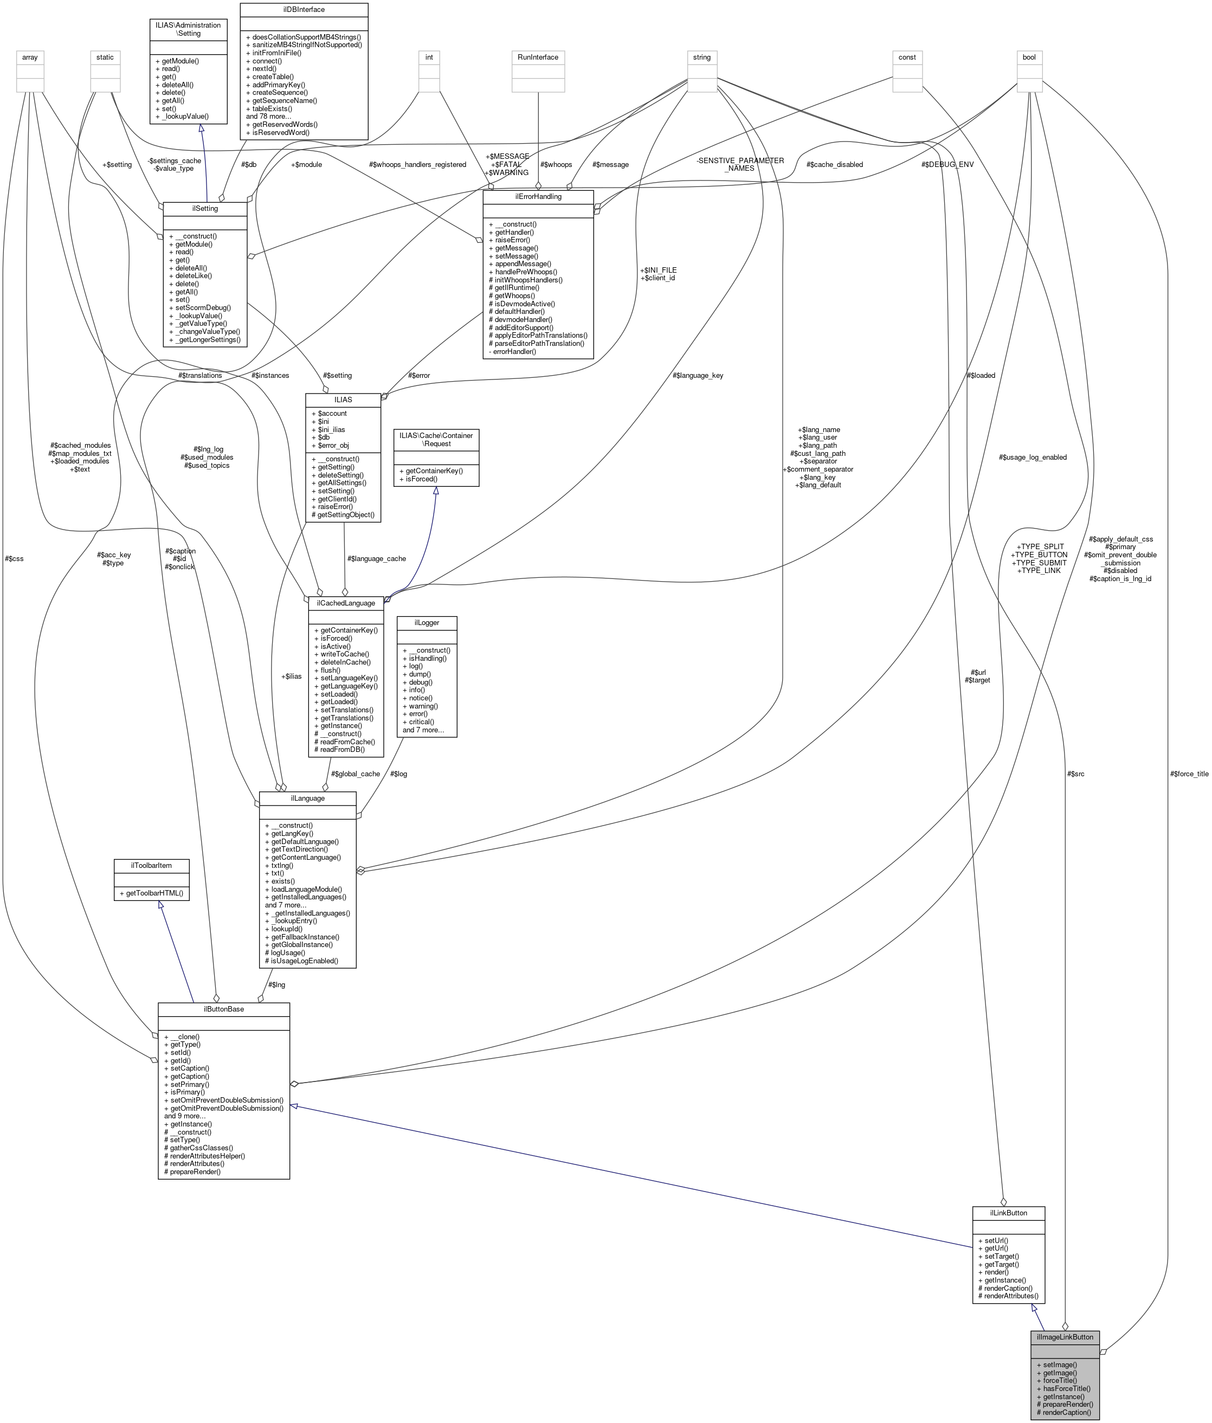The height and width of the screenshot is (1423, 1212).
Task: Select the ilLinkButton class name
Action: tap(1008, 1213)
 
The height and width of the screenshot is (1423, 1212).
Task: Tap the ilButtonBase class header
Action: tap(223, 1009)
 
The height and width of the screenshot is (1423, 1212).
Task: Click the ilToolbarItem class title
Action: tap(151, 865)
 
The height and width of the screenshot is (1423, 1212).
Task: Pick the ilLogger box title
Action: tap(426, 622)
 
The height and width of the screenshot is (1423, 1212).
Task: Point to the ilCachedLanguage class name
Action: tap(345, 603)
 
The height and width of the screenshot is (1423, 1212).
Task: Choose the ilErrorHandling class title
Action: tap(537, 196)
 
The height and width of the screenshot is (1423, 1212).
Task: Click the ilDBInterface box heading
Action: tap(304, 10)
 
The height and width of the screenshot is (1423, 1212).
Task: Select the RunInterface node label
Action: tap(538, 57)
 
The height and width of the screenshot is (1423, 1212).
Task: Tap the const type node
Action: tap(907, 57)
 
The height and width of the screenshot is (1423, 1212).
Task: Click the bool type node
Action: tap(1029, 57)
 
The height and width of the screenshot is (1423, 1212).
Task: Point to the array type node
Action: tap(29, 57)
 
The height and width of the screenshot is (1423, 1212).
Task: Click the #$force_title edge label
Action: tap(1189, 774)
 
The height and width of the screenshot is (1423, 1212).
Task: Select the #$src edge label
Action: tap(1075, 774)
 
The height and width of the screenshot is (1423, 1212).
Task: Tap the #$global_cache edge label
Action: tap(355, 774)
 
